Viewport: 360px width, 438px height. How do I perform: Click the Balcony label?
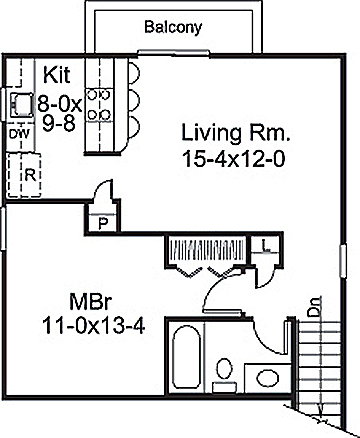173,27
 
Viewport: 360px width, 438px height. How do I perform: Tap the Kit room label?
57,75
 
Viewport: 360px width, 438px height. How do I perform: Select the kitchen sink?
22,105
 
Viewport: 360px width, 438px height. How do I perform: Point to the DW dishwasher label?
19,134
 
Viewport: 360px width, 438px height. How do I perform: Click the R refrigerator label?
30,175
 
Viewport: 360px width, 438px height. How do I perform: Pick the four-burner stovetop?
99,105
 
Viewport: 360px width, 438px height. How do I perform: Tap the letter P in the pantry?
103,223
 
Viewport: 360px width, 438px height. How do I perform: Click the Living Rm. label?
235,133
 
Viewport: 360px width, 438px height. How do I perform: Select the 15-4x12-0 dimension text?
234,159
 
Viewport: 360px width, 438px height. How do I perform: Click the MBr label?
90,302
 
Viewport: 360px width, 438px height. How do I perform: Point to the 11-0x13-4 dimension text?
94,326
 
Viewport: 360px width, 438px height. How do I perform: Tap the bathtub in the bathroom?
186,357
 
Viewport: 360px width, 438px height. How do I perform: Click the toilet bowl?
224,368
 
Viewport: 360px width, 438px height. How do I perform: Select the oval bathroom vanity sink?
267,378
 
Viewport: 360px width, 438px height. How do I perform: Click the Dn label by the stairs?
314,307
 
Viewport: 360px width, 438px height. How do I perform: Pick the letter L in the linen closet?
265,246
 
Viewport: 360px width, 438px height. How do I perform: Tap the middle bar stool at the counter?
133,99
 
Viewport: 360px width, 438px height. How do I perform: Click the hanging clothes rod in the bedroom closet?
207,249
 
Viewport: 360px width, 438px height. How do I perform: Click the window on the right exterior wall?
343,261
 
